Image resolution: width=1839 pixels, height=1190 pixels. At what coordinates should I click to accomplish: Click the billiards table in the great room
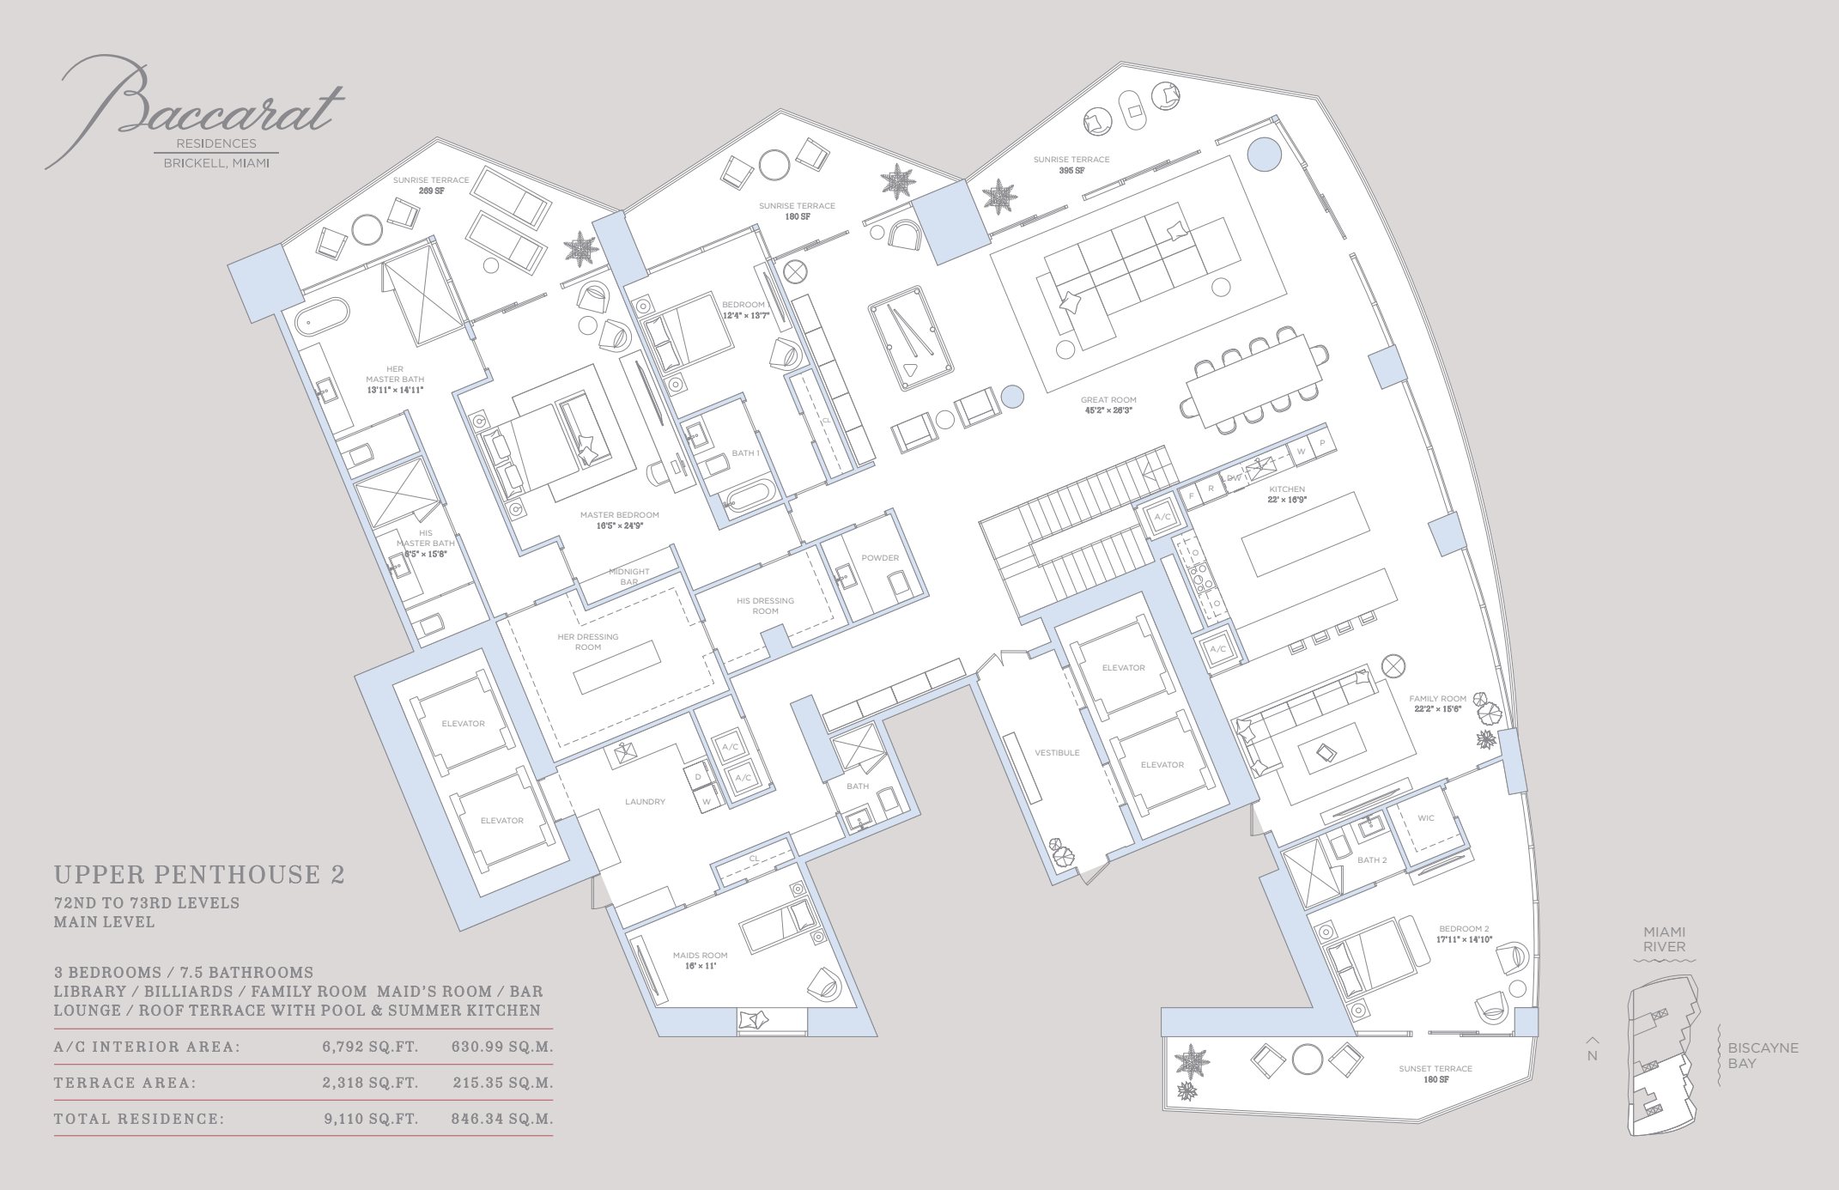[x=911, y=337]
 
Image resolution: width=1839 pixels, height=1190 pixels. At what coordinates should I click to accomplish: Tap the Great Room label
[x=1108, y=404]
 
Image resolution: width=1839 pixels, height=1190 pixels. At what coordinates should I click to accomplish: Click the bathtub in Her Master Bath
[x=323, y=316]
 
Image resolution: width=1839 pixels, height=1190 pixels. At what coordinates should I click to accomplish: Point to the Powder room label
[x=880, y=558]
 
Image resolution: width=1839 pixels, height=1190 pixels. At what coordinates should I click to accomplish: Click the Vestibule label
[x=1057, y=753]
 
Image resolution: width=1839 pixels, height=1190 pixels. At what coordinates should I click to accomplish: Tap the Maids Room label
[x=700, y=960]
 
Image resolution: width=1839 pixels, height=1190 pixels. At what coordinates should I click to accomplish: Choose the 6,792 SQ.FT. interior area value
[x=370, y=1047]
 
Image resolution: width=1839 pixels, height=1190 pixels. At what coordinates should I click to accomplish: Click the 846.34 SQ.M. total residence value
[x=502, y=1119]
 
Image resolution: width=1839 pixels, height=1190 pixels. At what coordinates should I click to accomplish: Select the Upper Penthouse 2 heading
[x=199, y=875]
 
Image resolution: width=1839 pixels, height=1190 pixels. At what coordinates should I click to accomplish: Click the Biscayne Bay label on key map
[x=1763, y=1055]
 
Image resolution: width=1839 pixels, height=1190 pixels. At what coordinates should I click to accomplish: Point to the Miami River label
[x=1664, y=938]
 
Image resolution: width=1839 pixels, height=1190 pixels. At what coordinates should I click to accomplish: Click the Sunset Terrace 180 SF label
[x=1435, y=1073]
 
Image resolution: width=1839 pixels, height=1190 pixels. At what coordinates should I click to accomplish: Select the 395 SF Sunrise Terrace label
[x=1071, y=165]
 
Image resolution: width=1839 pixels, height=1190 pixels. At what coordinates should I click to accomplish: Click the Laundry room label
[x=645, y=802]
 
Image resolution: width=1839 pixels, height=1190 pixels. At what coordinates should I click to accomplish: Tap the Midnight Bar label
[x=629, y=576]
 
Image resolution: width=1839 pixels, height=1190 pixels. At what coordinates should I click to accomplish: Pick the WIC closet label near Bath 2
[x=1426, y=818]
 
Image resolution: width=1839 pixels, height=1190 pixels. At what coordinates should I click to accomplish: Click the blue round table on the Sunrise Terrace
[x=1264, y=155]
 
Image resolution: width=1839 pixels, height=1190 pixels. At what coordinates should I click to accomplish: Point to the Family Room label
[x=1437, y=703]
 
